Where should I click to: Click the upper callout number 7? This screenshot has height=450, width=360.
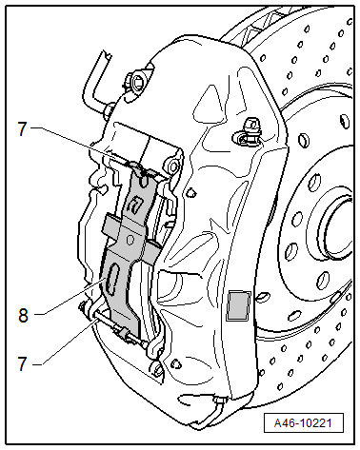click(x=22, y=129)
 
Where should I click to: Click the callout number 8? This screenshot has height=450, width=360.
click(x=23, y=316)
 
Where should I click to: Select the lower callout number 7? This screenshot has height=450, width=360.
click(x=22, y=363)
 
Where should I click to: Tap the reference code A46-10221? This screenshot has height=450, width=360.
click(x=303, y=422)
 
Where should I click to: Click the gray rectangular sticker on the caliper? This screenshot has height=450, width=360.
click(x=238, y=305)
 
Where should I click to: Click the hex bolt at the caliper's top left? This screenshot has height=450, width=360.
click(x=137, y=82)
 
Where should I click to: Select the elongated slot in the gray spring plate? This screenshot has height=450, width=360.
click(x=111, y=280)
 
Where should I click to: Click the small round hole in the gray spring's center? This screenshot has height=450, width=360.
click(x=130, y=239)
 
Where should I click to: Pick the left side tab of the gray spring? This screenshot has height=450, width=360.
click(x=110, y=225)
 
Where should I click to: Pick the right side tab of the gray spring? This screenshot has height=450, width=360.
click(x=153, y=252)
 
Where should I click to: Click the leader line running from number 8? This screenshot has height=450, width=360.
click(x=70, y=297)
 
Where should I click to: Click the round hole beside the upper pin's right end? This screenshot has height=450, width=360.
click(x=173, y=166)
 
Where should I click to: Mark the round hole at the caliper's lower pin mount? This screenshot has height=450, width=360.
click(x=159, y=369)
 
